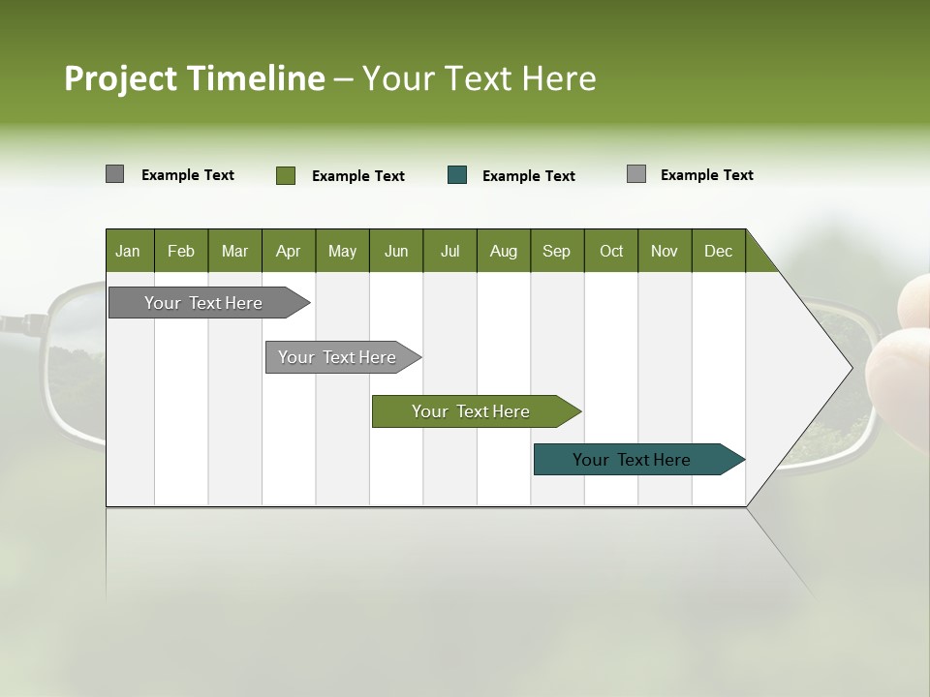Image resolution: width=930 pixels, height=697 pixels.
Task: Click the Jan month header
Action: tap(128, 252)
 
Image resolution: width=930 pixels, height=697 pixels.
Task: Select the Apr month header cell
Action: tap(288, 252)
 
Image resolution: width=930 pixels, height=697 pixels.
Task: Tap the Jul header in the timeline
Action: tap(449, 252)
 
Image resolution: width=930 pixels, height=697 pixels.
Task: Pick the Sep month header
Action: tap(556, 252)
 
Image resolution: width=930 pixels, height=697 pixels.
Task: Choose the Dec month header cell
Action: tap(718, 252)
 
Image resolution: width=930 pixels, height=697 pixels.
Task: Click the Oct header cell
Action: tap(610, 252)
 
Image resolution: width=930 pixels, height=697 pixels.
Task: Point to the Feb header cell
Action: tap(181, 252)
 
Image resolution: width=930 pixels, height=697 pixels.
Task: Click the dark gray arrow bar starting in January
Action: tap(203, 303)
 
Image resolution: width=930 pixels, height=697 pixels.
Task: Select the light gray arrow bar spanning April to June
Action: tap(337, 357)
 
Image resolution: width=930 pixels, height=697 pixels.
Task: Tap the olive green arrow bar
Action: tap(471, 411)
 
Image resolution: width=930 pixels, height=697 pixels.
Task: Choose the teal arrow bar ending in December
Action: tap(632, 460)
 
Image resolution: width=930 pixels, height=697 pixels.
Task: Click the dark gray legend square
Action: tap(114, 174)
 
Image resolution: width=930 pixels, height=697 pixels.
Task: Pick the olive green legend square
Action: tap(285, 175)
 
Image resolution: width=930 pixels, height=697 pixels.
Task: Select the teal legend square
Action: tap(457, 175)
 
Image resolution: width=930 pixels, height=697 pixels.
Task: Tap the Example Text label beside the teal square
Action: tap(528, 176)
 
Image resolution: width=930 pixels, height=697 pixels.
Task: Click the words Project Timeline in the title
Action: tap(194, 78)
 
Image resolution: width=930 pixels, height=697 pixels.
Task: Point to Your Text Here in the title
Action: tap(479, 78)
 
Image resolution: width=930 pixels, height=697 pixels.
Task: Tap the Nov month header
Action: tap(664, 252)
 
